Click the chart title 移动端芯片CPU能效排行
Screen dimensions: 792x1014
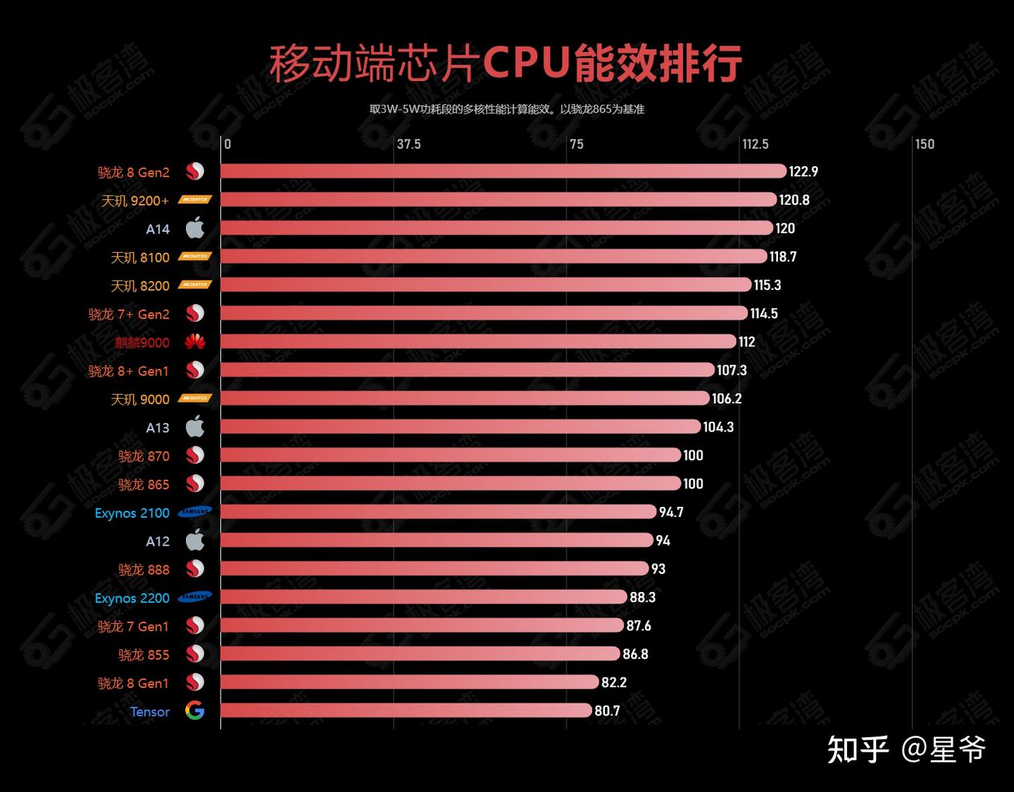506,63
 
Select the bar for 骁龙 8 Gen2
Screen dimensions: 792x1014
503,171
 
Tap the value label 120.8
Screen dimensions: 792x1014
794,200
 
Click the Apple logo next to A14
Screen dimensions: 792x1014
195,228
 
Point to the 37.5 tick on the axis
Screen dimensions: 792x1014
408,144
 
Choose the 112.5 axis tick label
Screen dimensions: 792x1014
755,144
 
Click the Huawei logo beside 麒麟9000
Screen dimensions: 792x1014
195,342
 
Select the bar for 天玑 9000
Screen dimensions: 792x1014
465,398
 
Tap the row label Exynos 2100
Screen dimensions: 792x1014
132,513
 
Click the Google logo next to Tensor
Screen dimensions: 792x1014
195,711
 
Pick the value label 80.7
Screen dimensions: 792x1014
607,711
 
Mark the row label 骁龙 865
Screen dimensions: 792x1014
144,484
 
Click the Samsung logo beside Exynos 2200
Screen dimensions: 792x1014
195,597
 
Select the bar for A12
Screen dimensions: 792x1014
437,540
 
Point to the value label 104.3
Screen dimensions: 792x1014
718,427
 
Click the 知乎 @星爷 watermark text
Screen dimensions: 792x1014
906,749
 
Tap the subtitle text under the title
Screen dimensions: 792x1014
506,109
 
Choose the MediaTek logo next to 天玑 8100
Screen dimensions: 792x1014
195,256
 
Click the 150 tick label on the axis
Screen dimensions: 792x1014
925,144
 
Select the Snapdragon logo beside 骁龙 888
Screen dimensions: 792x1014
195,569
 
